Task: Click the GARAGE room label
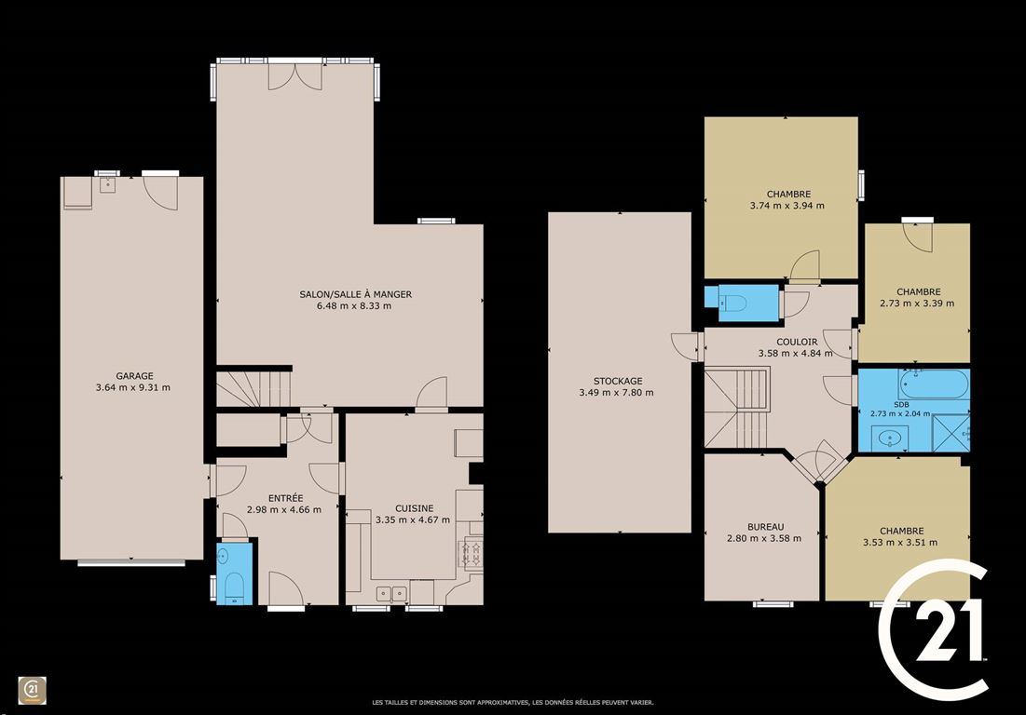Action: tap(135, 376)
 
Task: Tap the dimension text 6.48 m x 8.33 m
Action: tap(354, 306)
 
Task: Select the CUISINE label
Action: tap(414, 508)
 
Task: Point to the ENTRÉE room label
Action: tap(286, 498)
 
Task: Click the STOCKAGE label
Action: tap(618, 381)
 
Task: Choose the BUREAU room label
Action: tap(766, 527)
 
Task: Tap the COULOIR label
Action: tap(797, 342)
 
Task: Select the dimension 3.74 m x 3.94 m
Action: tap(787, 205)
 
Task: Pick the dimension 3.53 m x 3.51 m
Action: tap(900, 543)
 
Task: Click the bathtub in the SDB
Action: tap(934, 384)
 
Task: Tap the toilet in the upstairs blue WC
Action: tap(733, 303)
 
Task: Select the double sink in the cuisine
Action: tap(391, 593)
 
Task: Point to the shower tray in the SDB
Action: tap(951, 432)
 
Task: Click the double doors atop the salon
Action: tap(295, 75)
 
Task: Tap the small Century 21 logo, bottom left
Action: tap(32, 691)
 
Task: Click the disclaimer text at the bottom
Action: tap(513, 703)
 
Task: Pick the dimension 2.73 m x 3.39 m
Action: tap(917, 304)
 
